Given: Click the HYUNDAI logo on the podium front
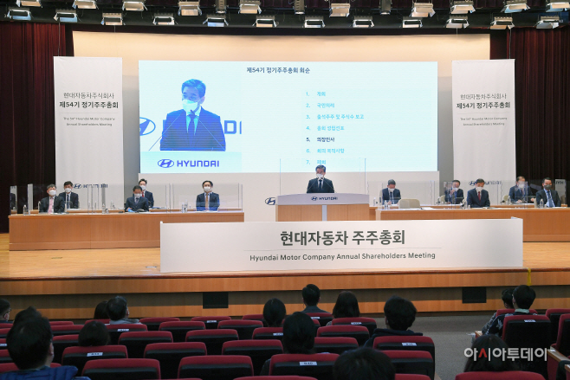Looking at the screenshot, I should tap(321, 198).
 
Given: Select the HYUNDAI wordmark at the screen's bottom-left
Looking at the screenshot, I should tap(190, 163).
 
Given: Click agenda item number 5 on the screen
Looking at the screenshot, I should tap(325, 138).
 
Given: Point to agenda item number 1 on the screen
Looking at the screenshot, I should tap(320, 93).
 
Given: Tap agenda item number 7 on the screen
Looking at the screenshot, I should tap(320, 162).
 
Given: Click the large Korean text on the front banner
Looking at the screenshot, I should tap(342, 237).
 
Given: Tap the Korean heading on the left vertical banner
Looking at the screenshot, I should tap(88, 98).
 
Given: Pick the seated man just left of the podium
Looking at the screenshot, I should tap(207, 196).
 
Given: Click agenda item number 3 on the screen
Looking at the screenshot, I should tap(334, 116).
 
